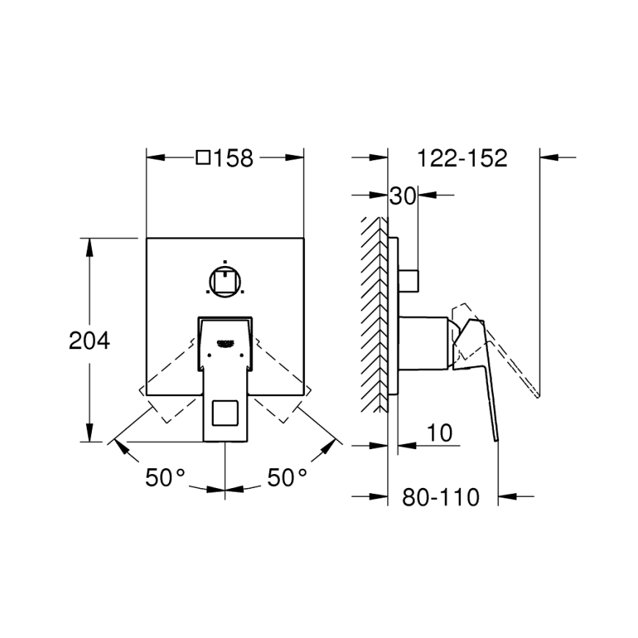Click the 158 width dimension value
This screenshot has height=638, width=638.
(234, 158)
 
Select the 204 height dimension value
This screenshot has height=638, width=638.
(89, 340)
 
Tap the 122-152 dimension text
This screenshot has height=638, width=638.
(462, 158)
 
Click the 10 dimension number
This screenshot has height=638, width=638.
(439, 432)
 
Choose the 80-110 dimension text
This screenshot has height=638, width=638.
(440, 498)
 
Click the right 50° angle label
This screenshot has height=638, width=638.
(287, 478)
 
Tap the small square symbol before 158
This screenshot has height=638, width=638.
(204, 158)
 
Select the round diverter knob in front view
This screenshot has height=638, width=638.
(225, 280)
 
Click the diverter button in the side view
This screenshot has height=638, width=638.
(409, 280)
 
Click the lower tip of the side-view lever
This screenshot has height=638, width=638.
(495, 439)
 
